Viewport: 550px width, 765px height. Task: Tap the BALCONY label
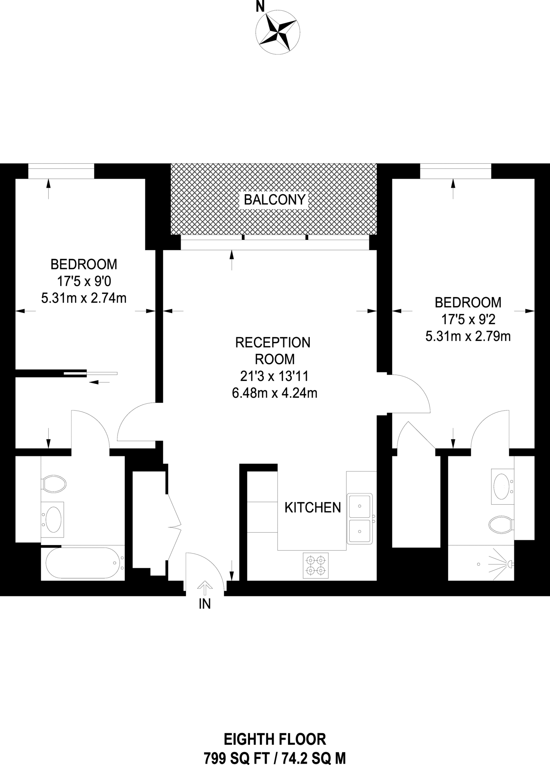[275, 200]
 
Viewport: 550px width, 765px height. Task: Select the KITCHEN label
[313, 508]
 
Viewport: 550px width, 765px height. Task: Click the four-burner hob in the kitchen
[316, 565]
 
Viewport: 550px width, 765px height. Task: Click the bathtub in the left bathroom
[83, 563]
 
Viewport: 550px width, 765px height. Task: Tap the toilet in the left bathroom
[53, 484]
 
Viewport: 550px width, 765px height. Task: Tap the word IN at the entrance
[205, 604]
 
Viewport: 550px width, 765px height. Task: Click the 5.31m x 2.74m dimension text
[84, 298]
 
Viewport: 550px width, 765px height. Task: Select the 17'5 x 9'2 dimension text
[468, 319]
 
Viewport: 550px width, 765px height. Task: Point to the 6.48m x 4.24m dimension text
[275, 393]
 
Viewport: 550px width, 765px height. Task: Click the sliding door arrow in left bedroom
[100, 382]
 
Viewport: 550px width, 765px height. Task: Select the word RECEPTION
[273, 343]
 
